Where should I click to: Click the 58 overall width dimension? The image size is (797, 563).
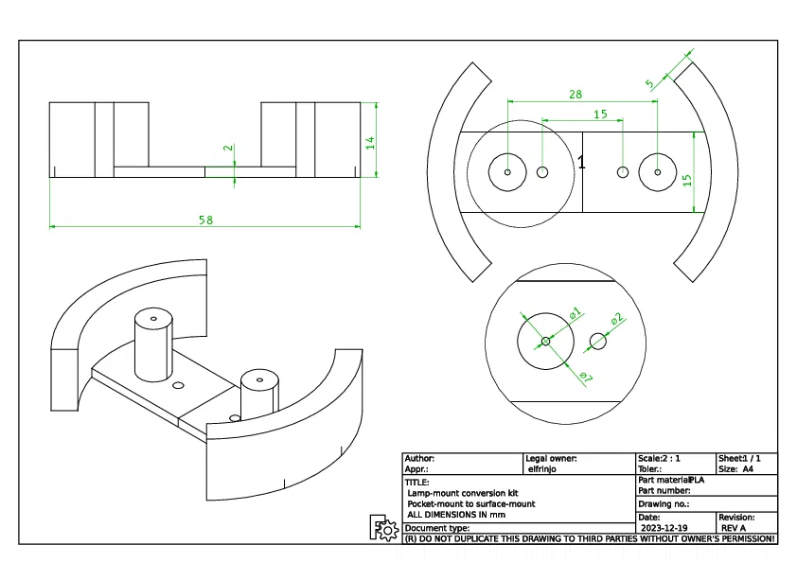(205, 220)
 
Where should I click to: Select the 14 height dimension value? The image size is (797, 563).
(370, 142)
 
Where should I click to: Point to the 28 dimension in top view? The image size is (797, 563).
(575, 94)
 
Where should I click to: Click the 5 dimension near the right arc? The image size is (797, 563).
(649, 84)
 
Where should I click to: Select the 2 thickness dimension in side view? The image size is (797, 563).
(227, 149)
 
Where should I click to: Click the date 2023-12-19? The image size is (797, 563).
(664, 528)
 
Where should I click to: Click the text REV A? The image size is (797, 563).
(734, 528)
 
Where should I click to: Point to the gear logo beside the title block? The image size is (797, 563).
(383, 529)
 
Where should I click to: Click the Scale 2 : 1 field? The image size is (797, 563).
(659, 458)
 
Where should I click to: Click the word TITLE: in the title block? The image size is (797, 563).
(416, 482)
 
